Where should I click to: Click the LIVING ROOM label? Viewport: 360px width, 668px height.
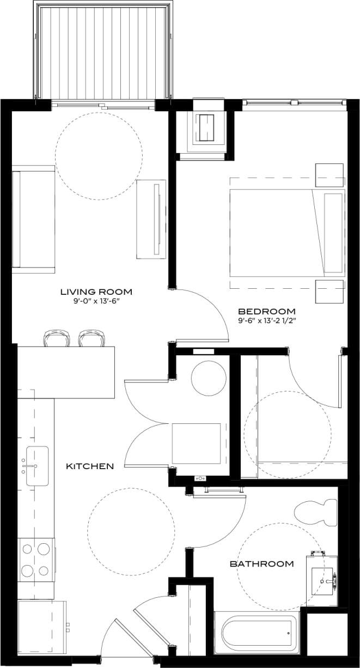click(96, 292)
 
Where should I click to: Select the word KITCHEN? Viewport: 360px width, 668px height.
click(90, 466)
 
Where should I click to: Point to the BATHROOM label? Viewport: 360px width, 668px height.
click(261, 563)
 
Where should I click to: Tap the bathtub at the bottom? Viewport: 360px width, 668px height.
click(256, 633)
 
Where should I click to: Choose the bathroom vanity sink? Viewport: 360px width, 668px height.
click(324, 581)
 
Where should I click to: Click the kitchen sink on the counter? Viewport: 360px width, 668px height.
click(36, 466)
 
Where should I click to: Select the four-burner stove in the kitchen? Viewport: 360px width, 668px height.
click(36, 559)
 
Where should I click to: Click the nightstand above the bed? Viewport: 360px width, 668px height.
click(330, 175)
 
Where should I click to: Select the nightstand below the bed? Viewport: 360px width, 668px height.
click(330, 291)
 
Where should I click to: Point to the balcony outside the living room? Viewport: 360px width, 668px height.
click(102, 52)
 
